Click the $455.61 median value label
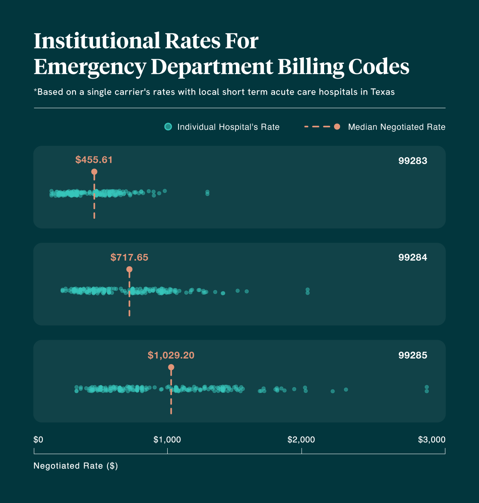[94, 160]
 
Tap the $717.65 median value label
[129, 257]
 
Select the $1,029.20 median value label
[171, 355]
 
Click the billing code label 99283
[413, 161]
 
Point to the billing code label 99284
[413, 257]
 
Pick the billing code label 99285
[413, 355]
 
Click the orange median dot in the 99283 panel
[94, 172]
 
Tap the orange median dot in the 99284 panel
[129, 269]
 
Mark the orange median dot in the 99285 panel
[171, 367]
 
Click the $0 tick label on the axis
[38, 440]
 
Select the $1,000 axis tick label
[167, 440]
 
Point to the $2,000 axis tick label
[301, 440]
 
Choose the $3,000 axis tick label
[431, 440]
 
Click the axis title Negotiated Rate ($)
[76, 466]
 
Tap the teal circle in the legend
[168, 127]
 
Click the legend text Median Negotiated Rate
[396, 127]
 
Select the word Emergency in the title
[90, 67]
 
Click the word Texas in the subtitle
[382, 92]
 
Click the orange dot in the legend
[337, 127]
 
